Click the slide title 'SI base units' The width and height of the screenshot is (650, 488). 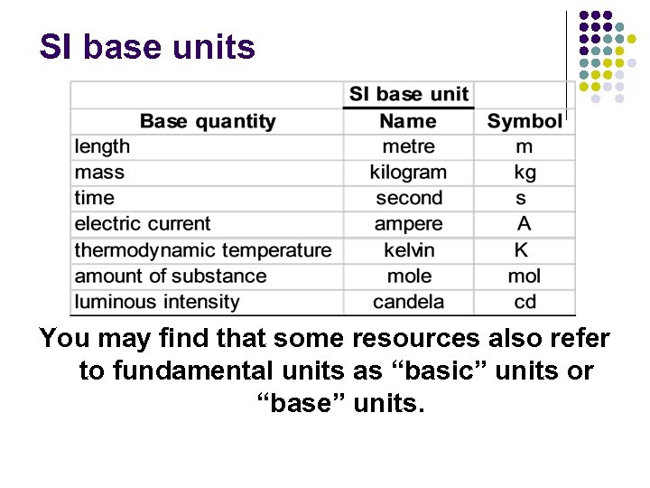pyautogui.click(x=147, y=47)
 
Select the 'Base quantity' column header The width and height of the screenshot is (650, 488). pyautogui.click(x=208, y=121)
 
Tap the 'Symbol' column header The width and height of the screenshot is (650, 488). pyautogui.click(x=524, y=121)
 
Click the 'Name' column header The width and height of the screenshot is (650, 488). pyautogui.click(x=408, y=121)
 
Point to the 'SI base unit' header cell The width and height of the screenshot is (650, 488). pyautogui.click(x=409, y=94)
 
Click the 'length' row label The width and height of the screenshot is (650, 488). pyautogui.click(x=102, y=146)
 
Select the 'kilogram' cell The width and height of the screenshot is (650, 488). pyautogui.click(x=408, y=172)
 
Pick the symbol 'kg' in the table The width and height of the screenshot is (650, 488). pyautogui.click(x=525, y=172)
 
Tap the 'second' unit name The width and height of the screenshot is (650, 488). pyautogui.click(x=409, y=198)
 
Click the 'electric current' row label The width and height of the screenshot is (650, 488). pyautogui.click(x=142, y=224)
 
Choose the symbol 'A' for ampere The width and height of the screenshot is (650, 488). pyautogui.click(x=524, y=224)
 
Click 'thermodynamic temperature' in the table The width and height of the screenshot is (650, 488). pyautogui.click(x=203, y=250)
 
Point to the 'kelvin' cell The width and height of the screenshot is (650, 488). pyautogui.click(x=409, y=250)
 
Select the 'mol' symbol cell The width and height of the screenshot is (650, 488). pyautogui.click(x=525, y=277)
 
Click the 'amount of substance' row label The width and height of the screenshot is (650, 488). pyautogui.click(x=171, y=277)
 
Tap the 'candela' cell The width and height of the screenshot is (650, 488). pyautogui.click(x=409, y=302)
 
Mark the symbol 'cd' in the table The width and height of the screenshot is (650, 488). pyautogui.click(x=525, y=302)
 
